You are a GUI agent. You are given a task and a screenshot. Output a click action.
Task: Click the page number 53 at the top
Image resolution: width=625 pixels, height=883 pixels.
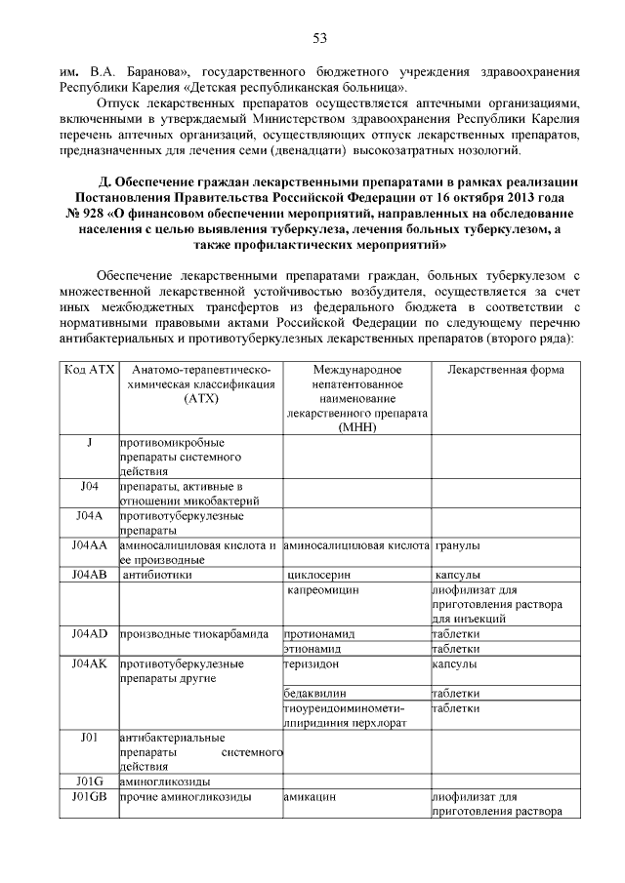point(318,38)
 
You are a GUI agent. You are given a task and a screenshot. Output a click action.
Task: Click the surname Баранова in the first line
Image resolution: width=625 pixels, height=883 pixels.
point(147,72)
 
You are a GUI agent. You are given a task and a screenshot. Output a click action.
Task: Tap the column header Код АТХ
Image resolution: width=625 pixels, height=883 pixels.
point(89,370)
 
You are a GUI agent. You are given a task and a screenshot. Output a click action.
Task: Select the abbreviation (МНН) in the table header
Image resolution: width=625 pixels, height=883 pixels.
point(356,427)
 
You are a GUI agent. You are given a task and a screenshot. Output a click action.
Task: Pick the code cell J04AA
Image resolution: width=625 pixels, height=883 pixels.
point(89,544)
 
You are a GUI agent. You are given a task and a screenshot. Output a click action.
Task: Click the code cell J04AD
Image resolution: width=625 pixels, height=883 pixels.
point(89,633)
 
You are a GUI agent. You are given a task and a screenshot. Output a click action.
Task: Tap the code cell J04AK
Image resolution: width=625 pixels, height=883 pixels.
point(89,663)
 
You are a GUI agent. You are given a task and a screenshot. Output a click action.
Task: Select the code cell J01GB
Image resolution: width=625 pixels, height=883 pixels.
point(89,796)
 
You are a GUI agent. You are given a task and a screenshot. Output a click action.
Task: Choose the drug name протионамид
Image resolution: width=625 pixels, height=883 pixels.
point(319,633)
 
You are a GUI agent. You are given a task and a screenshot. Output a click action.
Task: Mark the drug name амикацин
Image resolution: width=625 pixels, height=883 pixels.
point(310,796)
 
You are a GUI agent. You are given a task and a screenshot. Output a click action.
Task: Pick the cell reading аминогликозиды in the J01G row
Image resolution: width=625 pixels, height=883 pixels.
point(165,782)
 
